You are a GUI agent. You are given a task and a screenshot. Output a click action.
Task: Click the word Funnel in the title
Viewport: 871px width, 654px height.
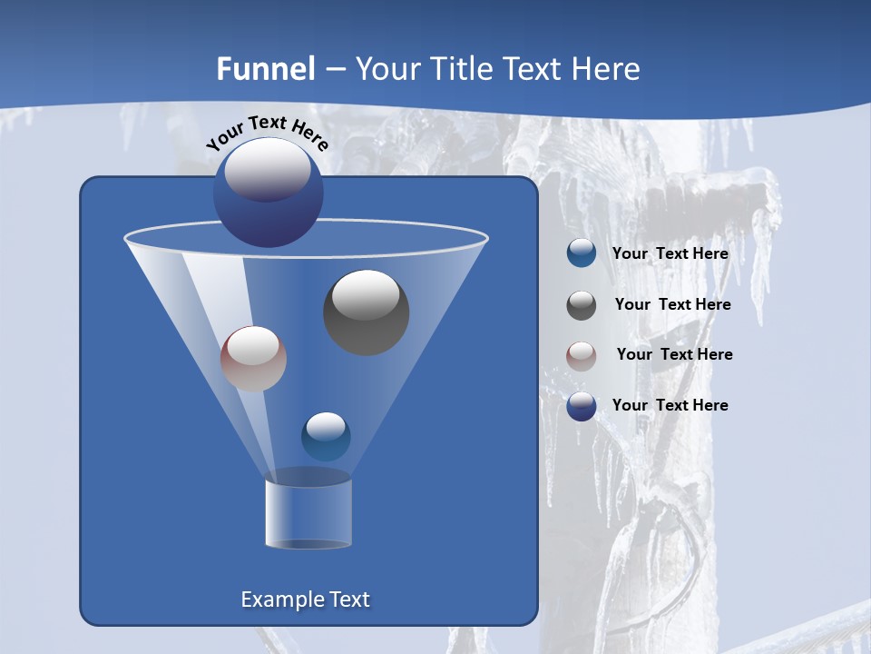pos(265,68)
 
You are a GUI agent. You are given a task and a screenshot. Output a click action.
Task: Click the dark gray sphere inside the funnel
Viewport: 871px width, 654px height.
pos(366,312)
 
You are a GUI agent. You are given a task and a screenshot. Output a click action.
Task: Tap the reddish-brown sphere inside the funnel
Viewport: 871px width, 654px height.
pos(253,359)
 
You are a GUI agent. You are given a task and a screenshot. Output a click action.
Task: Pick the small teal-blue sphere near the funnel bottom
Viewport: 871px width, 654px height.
pos(326,437)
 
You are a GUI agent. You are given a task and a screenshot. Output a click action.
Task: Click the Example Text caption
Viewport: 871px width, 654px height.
pos(305,599)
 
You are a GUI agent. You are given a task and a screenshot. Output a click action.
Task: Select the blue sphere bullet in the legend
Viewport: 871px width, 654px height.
pos(581,253)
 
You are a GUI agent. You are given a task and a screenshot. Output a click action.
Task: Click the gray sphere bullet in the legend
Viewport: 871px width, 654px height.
pos(581,304)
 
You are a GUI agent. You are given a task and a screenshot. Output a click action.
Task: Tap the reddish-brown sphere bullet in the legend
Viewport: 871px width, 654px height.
pos(581,355)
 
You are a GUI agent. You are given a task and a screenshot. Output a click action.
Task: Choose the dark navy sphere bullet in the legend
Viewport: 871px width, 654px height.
pos(581,406)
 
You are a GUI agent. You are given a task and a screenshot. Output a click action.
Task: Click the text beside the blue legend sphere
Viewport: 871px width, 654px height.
pos(670,254)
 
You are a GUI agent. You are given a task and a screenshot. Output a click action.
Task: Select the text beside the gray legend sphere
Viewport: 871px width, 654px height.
pos(672,305)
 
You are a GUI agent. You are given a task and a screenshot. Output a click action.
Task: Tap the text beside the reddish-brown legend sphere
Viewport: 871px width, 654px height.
pos(674,355)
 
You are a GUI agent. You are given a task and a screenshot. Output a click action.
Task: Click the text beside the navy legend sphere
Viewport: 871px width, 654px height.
pos(670,405)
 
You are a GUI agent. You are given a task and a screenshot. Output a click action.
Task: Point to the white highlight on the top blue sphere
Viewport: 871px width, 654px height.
pos(267,171)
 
